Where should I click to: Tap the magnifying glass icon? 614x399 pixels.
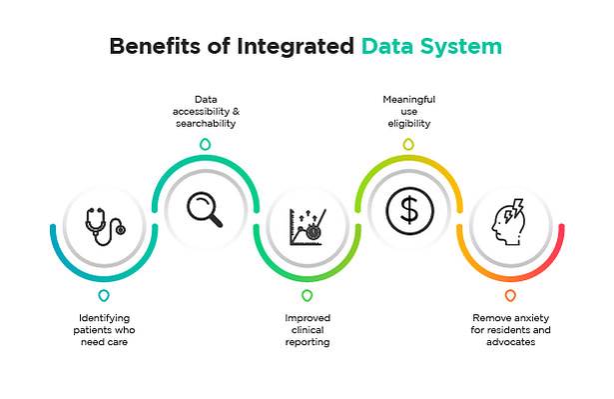[x=206, y=209]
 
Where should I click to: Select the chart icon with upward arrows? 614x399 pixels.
[x=307, y=226]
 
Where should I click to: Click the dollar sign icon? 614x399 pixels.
[x=408, y=209]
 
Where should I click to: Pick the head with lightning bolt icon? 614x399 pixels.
[x=509, y=226]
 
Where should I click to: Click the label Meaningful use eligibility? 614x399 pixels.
[x=408, y=111]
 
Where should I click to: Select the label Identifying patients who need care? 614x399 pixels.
[x=104, y=330]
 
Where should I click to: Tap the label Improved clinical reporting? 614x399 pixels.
[x=307, y=330]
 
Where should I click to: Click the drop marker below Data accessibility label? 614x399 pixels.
[x=206, y=144]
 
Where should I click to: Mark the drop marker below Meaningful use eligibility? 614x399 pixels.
[x=408, y=144]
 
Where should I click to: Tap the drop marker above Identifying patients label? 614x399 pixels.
[x=104, y=296]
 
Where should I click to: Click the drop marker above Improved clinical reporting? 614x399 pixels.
[x=307, y=296]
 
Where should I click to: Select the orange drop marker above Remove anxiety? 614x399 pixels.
[x=510, y=296]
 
